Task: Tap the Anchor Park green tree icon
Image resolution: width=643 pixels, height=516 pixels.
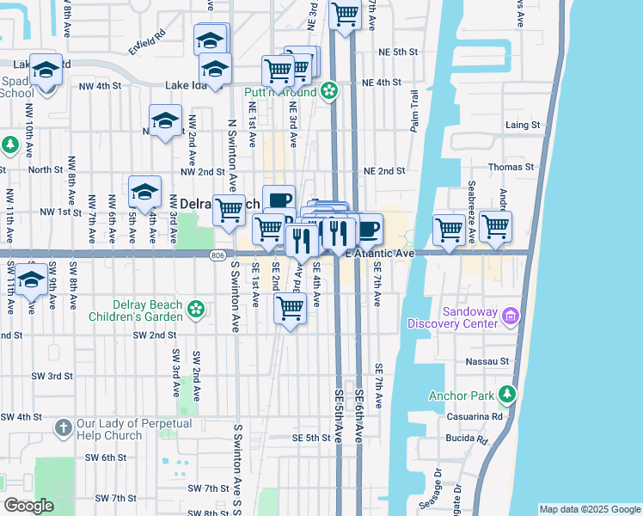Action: (508, 395)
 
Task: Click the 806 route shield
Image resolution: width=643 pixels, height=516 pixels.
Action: (218, 254)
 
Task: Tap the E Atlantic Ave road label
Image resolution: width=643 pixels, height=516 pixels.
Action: (380, 254)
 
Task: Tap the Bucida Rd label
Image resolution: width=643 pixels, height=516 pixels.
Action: (467, 439)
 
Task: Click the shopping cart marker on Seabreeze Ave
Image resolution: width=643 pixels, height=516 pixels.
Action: (450, 229)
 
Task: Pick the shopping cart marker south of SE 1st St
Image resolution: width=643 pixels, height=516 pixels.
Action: (291, 307)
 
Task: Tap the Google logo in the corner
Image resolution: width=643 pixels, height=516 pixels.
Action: (28, 506)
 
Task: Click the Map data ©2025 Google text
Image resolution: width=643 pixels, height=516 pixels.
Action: (589, 509)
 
